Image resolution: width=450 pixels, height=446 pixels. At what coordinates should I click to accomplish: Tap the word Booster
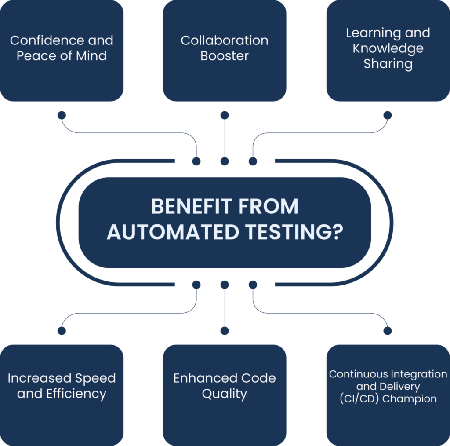pos(225,56)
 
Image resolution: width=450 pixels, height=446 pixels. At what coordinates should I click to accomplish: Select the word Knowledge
pos(388,48)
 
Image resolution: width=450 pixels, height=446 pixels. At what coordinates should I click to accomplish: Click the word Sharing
pos(388,64)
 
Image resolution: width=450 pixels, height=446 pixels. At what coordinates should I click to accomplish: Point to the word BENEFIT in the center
pos(192,206)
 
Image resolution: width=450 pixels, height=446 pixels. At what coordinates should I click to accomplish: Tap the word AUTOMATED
pos(173,232)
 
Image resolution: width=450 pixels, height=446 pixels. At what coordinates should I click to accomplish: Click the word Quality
pos(225,394)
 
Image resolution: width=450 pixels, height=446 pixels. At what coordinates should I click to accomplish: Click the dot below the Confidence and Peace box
pos(62,115)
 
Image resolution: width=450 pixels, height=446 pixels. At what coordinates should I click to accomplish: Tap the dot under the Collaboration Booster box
pos(225,115)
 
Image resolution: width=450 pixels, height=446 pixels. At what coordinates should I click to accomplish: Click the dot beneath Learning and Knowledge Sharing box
pos(388,115)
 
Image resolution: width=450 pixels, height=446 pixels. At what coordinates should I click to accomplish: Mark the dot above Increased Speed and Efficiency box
pos(62,331)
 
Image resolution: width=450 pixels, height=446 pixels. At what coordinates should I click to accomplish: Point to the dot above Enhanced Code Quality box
pos(225,331)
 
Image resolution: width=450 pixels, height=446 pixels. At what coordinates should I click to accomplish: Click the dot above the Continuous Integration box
pos(388,331)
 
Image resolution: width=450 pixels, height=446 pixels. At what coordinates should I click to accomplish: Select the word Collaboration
pos(225,40)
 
